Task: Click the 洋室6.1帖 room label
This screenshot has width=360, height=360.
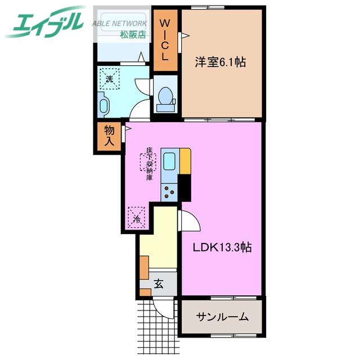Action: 220,62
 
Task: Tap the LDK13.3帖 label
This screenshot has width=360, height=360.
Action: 222,247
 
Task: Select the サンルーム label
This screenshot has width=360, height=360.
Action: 222,317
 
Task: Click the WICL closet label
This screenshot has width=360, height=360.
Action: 165,39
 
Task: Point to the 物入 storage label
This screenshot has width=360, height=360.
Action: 109,136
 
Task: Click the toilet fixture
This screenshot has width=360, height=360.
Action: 165,100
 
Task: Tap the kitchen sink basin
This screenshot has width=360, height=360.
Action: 169,161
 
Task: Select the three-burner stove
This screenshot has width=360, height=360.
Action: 169,192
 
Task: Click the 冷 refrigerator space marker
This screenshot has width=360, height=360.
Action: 136,218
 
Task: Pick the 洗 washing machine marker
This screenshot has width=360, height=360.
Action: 110,79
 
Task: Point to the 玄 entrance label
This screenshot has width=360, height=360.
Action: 159,283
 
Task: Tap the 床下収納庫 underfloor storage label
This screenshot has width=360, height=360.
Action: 150,164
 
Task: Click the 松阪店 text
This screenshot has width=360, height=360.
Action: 133,34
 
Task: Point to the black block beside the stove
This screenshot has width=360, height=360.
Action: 184,188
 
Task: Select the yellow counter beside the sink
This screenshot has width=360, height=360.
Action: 185,161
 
